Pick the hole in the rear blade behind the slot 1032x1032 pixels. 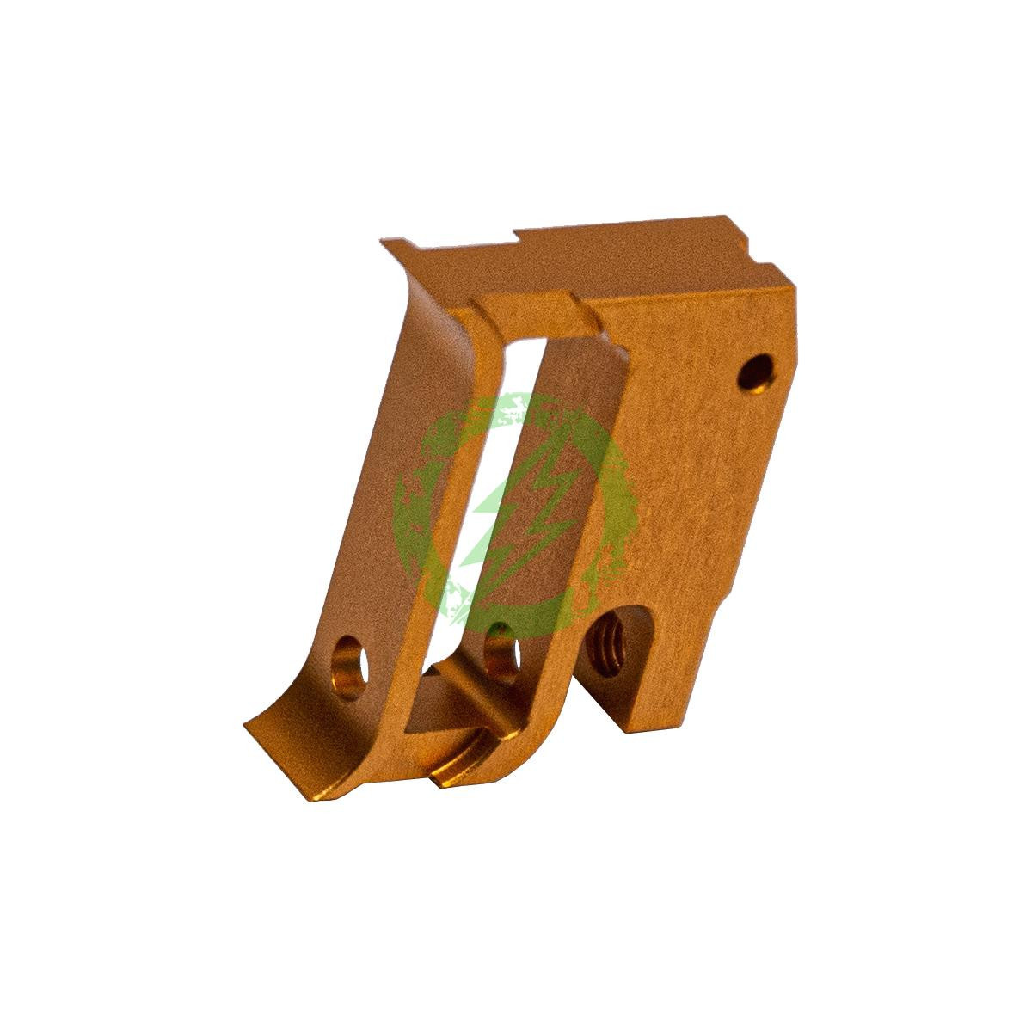click(x=499, y=646)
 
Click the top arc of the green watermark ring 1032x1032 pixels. click(x=516, y=402)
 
